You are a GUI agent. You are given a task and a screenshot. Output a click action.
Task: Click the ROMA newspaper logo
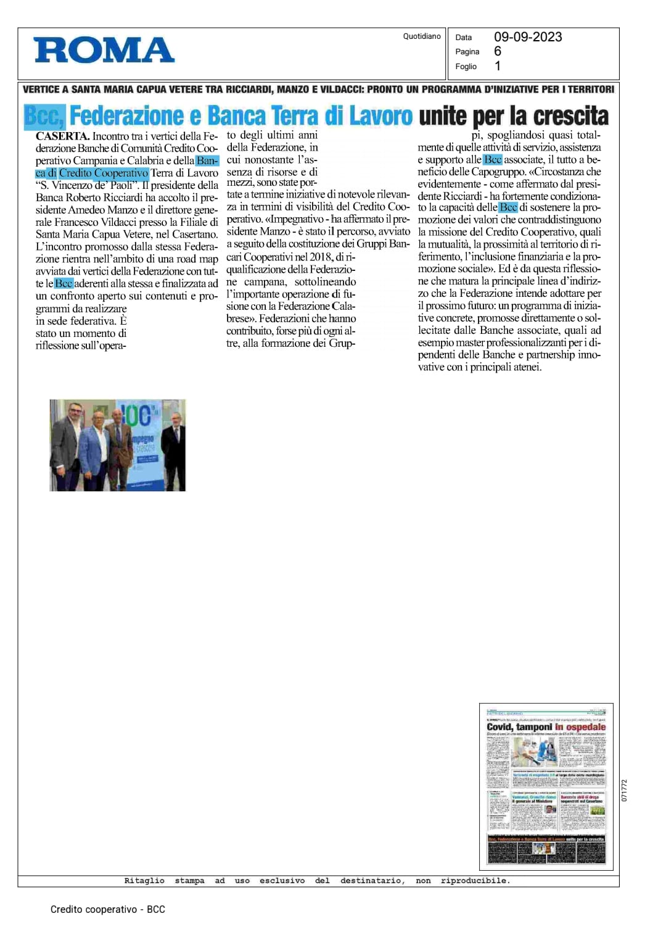point(104,51)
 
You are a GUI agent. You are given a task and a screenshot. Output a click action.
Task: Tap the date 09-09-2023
point(528,37)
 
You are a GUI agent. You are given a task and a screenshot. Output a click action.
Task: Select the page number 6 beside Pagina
point(498,51)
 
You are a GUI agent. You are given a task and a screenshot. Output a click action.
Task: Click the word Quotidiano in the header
point(422,36)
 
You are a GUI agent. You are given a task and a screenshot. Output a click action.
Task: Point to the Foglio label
point(466,67)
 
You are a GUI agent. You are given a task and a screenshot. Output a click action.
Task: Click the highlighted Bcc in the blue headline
point(44,116)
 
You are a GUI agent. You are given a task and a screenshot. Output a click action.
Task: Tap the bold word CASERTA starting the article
point(62,136)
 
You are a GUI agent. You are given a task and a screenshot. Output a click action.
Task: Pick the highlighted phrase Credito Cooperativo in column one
point(104,173)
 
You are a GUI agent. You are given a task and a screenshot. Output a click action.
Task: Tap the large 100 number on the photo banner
point(137,416)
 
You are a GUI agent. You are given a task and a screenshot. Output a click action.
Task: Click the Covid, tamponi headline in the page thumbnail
point(519,727)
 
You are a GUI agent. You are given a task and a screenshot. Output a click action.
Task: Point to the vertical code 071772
point(624,791)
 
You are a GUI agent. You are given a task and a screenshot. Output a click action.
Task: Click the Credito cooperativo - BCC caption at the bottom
point(108,909)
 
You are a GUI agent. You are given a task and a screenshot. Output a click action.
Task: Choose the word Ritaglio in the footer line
point(144,881)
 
